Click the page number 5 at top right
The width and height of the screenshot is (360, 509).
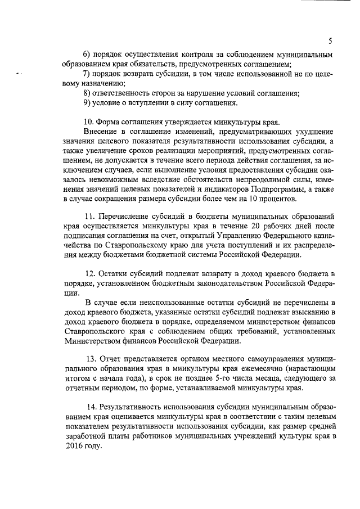click(331, 40)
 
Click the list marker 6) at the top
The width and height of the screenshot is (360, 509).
click(87, 55)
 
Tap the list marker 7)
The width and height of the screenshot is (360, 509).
click(87, 75)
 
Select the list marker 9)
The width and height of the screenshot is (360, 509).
click(87, 102)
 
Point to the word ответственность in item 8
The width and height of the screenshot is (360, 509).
click(123, 93)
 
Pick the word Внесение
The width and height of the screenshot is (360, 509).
click(100, 132)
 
